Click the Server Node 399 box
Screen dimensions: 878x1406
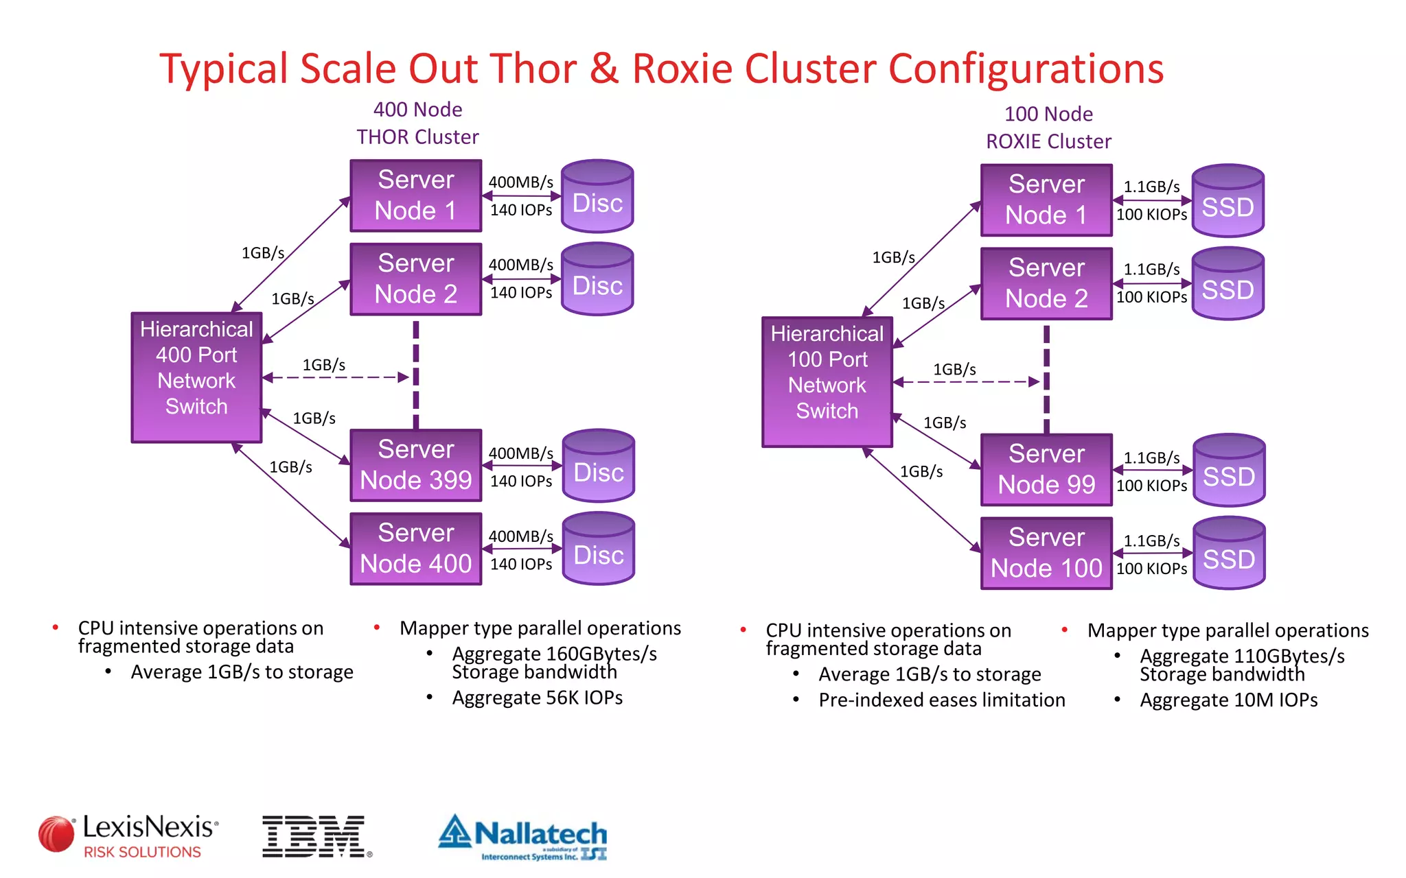click(415, 465)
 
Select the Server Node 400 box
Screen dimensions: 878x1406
click(415, 549)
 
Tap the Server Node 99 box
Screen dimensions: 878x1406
click(1046, 470)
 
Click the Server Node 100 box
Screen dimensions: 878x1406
click(1046, 553)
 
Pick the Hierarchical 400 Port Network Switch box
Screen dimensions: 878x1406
click(196, 377)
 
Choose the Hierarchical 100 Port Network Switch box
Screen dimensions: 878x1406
click(827, 381)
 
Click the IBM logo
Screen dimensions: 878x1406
click(314, 836)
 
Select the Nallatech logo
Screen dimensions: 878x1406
click(523, 837)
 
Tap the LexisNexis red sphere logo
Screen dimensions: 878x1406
click(56, 834)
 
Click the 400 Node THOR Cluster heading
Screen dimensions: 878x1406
click(417, 123)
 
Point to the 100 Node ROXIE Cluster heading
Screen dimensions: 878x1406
click(1048, 128)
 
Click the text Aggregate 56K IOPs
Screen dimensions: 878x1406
click(537, 698)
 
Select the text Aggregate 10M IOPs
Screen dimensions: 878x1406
click(1228, 700)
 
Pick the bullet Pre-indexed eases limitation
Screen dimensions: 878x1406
click(941, 700)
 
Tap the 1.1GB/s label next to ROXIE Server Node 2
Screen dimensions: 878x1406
click(1151, 270)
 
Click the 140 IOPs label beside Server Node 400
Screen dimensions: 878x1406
click(521, 564)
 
